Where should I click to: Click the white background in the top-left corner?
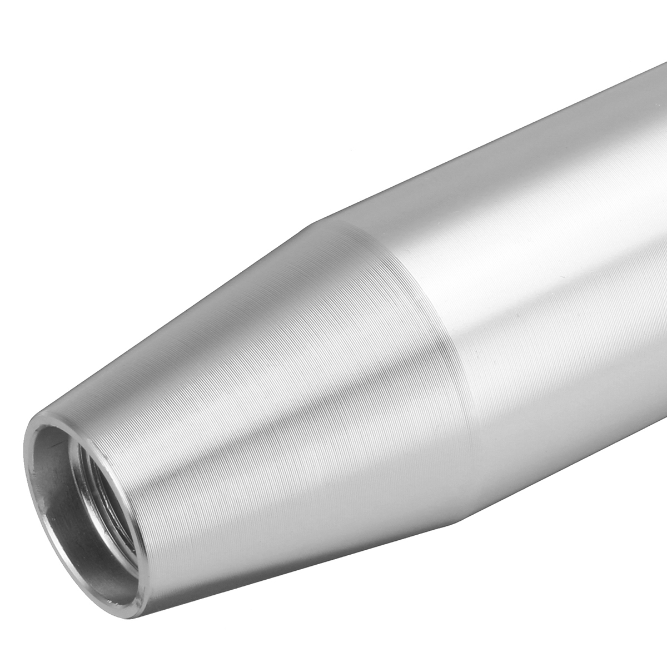click(56, 56)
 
